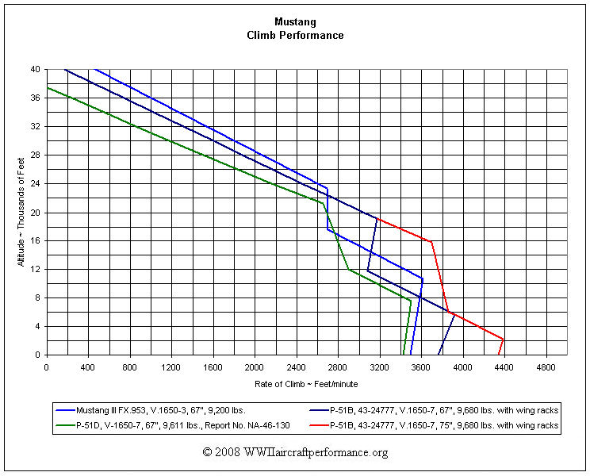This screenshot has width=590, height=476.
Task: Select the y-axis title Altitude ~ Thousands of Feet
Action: point(21,212)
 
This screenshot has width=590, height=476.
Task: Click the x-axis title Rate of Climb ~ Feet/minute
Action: point(307,384)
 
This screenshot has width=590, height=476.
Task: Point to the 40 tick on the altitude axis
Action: point(37,70)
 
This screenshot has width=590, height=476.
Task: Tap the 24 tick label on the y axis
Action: point(37,184)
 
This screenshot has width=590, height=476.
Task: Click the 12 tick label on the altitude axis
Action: point(37,270)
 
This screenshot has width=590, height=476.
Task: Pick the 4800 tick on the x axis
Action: point(546,368)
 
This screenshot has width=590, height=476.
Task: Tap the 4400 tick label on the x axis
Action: point(504,368)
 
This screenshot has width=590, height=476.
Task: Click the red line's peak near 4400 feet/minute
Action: point(504,339)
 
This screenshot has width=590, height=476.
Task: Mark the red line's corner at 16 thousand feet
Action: point(431,241)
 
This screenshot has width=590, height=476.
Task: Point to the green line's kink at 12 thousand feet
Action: point(348,270)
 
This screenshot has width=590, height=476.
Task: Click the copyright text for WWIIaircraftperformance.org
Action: point(295,452)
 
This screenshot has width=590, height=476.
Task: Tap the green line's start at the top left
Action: point(48,87)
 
